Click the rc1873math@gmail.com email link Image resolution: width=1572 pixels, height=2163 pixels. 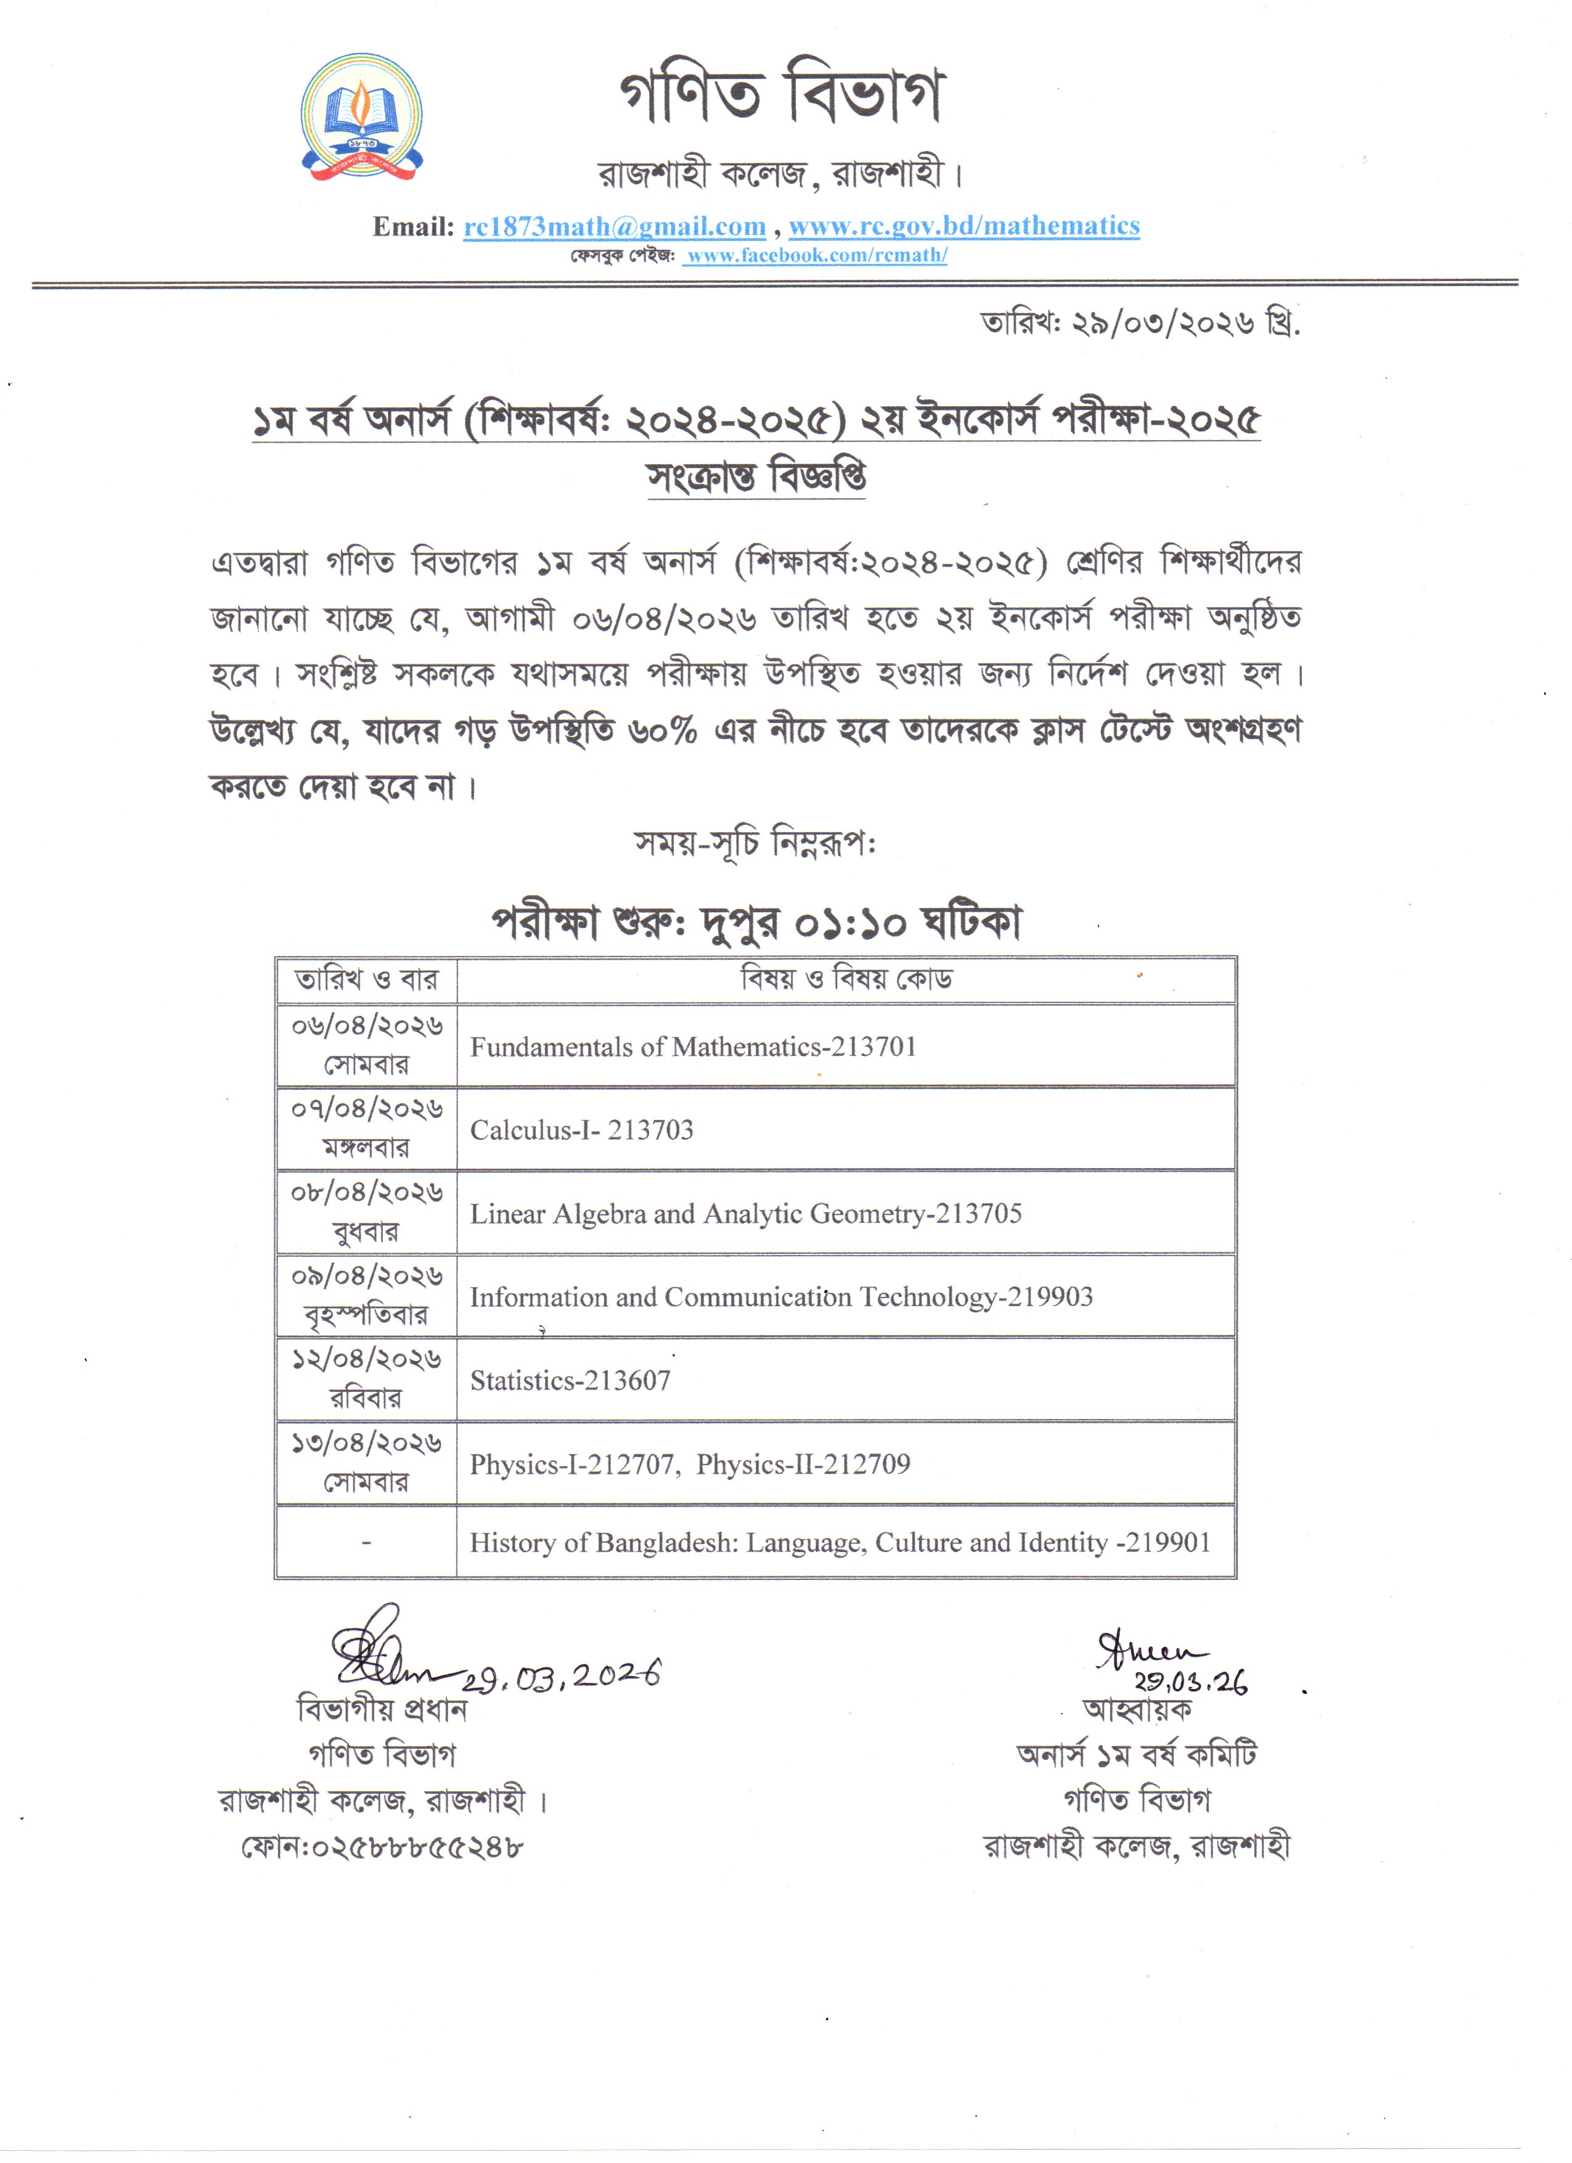[614, 226]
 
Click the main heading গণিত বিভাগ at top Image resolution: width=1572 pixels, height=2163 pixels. [780, 96]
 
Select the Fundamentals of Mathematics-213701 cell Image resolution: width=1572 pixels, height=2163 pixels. [692, 1047]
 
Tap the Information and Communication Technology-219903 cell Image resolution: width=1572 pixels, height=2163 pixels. [780, 1297]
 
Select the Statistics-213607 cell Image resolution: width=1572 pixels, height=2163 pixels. [570, 1380]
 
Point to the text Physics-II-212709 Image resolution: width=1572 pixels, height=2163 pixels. [803, 1464]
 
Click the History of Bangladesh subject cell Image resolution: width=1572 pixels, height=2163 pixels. [840, 1542]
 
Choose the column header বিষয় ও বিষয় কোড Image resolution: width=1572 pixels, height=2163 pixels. [846, 979]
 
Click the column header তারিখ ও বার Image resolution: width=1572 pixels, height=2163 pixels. [366, 980]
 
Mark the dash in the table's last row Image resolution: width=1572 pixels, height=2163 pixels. [366, 1542]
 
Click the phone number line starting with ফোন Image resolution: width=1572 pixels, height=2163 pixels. [382, 1847]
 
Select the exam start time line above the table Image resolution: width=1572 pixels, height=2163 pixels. [756, 922]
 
